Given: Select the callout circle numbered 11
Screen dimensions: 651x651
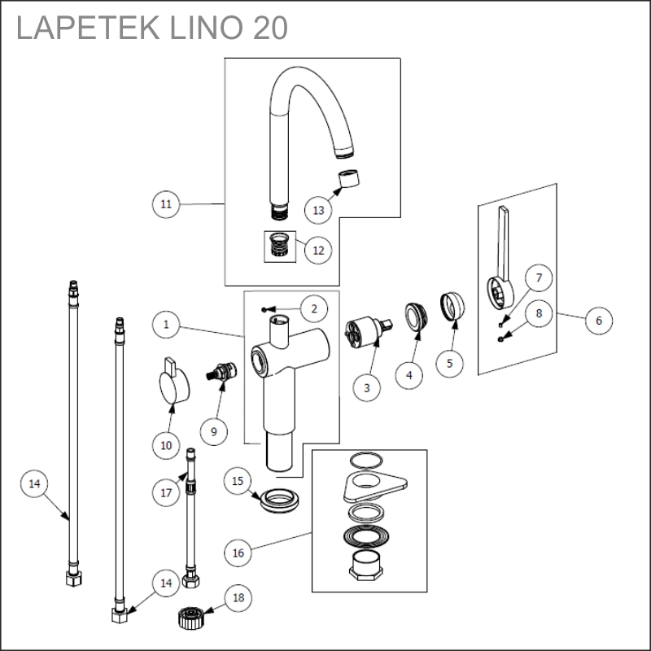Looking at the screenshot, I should coord(166,203).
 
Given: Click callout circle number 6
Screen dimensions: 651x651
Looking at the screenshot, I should coord(598,320).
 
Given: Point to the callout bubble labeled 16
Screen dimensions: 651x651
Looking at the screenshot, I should coord(238,553).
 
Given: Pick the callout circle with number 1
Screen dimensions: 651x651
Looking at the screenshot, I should coord(166,325).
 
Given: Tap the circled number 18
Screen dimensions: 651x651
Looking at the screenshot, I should coord(238,599).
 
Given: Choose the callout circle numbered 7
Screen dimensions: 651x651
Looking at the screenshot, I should coord(537,278).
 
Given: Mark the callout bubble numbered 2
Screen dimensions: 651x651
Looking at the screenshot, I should coord(314,308).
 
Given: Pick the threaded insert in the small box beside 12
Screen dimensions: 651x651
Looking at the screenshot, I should coord(281,242).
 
